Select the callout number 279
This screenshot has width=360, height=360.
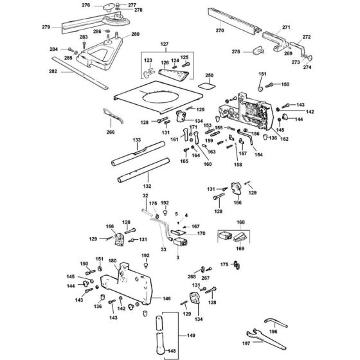pos(45,27)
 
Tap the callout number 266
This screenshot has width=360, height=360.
pos(111,132)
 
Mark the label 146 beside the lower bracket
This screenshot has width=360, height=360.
pos(166,300)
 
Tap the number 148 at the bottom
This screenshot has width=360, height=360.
pos(152,351)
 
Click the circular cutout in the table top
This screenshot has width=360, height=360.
pos(158,100)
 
